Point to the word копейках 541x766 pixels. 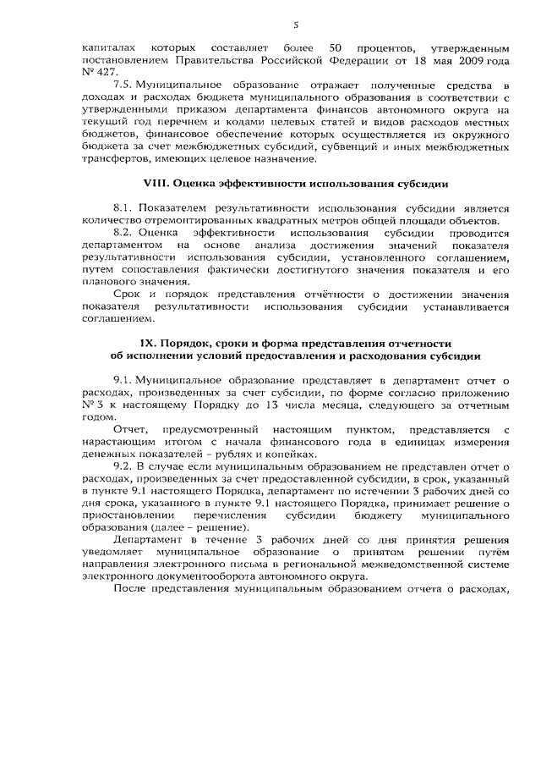[276, 454]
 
